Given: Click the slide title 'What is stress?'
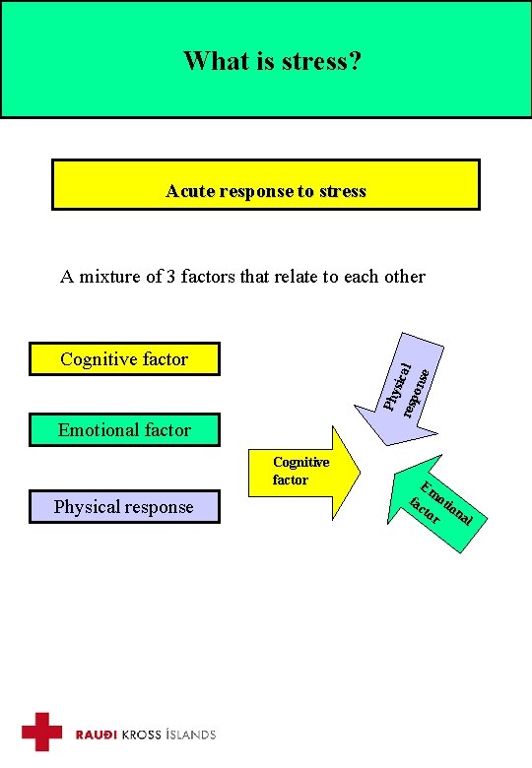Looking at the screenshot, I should pos(272,62).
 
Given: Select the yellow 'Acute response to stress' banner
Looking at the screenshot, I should pos(265,185).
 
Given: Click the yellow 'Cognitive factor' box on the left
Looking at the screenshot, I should pos(124,359).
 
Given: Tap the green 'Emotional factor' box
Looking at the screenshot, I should pos(124,430).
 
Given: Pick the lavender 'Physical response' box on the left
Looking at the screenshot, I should pos(124,507).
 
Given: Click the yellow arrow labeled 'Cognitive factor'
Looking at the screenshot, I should pos(315,472).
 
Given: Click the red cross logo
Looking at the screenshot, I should pos(42,732).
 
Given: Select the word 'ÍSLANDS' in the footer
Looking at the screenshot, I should pos(191,735).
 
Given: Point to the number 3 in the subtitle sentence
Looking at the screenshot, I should pos(171,277).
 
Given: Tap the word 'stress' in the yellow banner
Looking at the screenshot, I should pos(343,191).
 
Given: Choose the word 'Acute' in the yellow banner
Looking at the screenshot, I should pos(186,191).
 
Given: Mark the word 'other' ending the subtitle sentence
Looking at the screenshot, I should pos(404,277).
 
